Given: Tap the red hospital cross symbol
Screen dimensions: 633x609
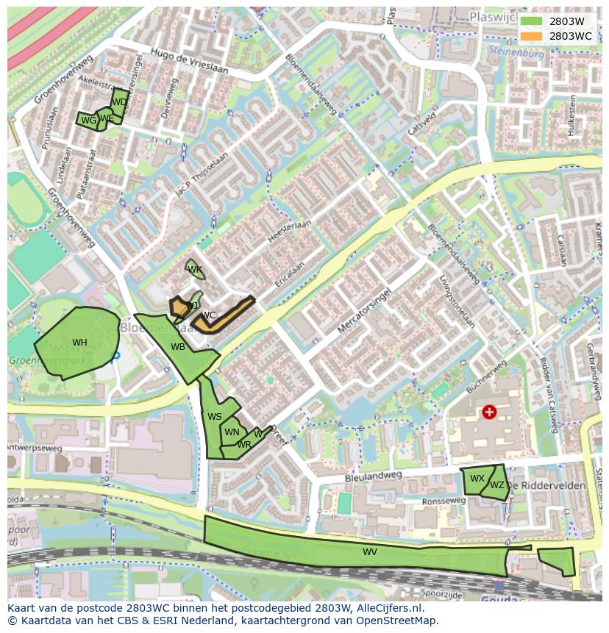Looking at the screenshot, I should pos(489,412).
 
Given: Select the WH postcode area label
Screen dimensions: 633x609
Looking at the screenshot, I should pos(79,343).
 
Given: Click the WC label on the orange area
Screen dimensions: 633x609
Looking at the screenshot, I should pos(208,315).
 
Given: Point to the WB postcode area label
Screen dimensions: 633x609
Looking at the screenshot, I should pos(178,347).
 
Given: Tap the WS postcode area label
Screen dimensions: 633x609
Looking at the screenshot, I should pos(214,417).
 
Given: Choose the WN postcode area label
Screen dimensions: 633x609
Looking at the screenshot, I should pos(232,432).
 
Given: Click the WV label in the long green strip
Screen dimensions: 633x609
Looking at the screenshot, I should pos(370,552).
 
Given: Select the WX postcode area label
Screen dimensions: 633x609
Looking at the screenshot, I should pos(477,479).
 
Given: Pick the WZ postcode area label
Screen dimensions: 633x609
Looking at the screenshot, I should pos(497,485).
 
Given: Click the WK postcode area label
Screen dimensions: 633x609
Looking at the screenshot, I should pos(195,270).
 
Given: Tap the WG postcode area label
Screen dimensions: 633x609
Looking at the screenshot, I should pos(88,121).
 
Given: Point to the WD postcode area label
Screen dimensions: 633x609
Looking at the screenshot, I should pos(118,102).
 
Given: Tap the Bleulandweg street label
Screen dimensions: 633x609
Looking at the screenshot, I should pos(374,477).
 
